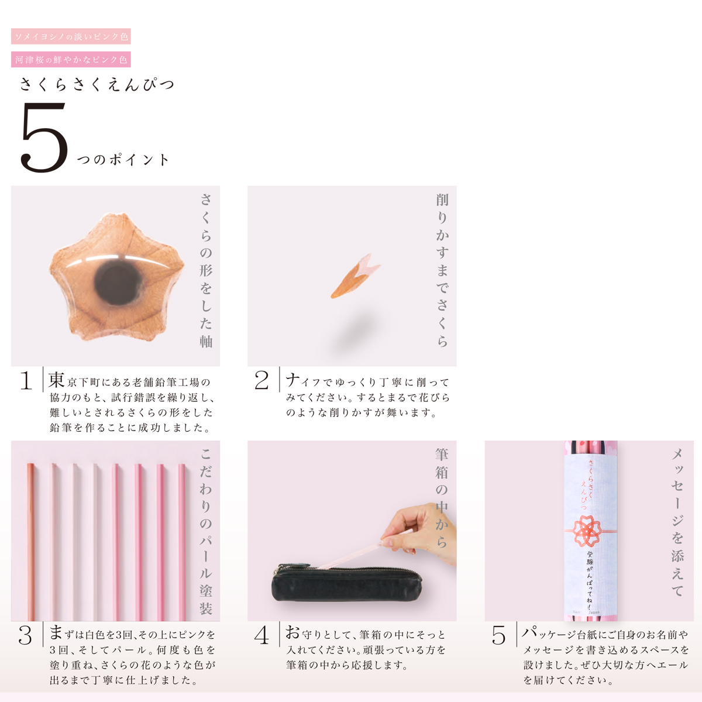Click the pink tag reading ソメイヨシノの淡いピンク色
tap(71, 36)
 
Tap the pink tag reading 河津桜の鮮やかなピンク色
tap(71, 60)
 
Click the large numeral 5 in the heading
tap(44, 137)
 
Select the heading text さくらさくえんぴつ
tap(97, 84)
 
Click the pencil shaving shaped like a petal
tap(355, 276)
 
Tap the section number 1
tap(26, 381)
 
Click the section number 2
tap(261, 381)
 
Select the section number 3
tap(25, 636)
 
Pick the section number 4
tap(261, 636)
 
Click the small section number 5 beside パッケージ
tap(498, 636)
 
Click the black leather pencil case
tap(346, 583)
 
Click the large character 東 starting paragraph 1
tap(57, 380)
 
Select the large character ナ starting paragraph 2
tap(292, 380)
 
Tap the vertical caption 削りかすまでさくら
tap(442, 270)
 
